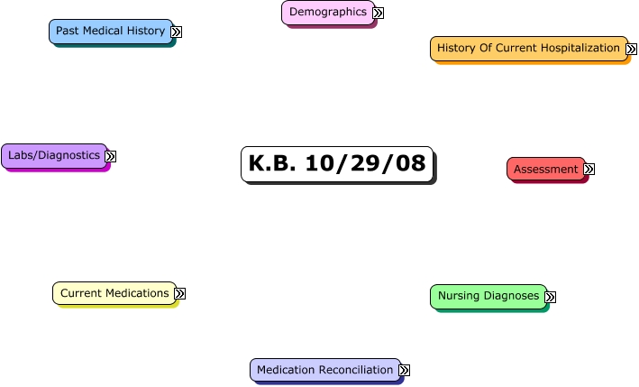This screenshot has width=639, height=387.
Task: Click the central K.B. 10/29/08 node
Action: click(336, 164)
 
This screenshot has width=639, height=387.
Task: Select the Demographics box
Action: click(328, 12)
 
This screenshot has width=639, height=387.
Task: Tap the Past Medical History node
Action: click(110, 31)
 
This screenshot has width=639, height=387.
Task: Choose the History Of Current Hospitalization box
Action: click(528, 48)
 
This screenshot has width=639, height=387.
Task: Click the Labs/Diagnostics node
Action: click(54, 155)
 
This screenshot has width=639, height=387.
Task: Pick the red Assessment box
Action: click(545, 169)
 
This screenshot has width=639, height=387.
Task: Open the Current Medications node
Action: click(114, 293)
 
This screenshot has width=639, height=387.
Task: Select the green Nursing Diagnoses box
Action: click(488, 296)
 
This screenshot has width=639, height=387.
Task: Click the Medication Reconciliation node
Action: click(324, 370)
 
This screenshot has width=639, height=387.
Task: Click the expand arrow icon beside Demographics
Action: click(379, 13)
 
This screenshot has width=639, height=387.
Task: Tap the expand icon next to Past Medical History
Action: click(177, 32)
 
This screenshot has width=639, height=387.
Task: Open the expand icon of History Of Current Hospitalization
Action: click(632, 49)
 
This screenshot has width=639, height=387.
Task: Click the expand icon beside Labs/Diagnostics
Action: click(111, 156)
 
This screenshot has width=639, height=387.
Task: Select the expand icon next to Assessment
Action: click(589, 170)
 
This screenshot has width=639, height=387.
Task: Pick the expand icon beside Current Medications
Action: click(180, 294)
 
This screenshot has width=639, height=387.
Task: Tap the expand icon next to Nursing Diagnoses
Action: click(551, 297)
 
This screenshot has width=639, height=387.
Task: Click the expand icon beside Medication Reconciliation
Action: click(405, 371)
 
